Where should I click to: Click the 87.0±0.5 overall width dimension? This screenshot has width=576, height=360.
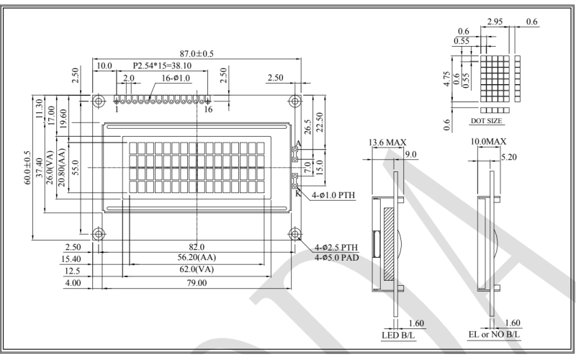click(196, 53)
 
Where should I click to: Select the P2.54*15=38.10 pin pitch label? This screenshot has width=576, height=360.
click(171, 66)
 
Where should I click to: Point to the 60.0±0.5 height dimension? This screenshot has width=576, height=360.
click(27, 167)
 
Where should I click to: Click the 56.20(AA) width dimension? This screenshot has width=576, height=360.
click(196, 258)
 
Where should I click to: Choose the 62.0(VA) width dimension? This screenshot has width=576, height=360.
click(196, 270)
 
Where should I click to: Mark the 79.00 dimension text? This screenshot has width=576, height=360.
click(196, 283)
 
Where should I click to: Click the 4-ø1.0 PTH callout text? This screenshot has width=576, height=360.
click(334, 195)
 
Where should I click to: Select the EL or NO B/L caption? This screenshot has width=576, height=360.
click(494, 336)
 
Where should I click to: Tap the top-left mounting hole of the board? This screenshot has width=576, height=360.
click(97, 99)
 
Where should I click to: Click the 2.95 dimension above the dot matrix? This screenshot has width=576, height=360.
click(495, 23)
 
